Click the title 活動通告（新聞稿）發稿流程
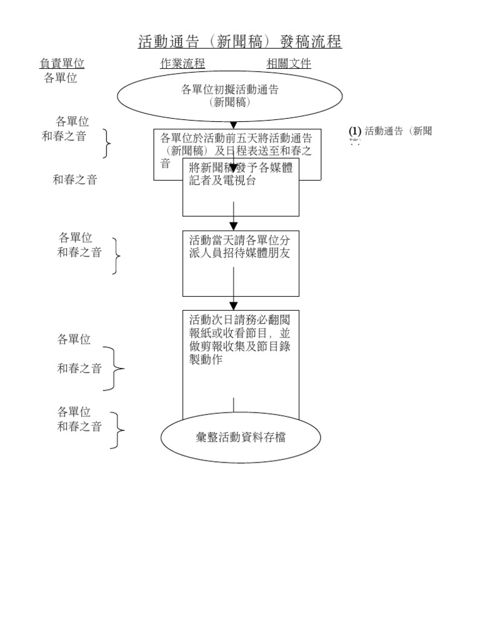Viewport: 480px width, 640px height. pos(240,42)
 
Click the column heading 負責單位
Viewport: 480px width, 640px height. pos(62,64)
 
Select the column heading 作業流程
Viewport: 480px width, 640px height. pos(182,64)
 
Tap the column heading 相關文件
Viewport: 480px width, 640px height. pos(289,64)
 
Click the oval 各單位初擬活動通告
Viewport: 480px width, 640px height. pos(230,96)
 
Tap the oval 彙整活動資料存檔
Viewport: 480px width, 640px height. pos(241,438)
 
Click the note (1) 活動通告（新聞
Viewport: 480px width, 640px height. pos(391,131)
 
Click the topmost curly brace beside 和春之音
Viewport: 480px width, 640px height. pos(108,145)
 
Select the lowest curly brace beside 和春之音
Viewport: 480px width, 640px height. pos(117,430)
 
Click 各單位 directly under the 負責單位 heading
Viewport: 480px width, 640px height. pos(61,79)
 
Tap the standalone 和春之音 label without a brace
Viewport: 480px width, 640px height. pos(75,180)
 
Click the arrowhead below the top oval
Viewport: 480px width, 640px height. pos(234,125)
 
